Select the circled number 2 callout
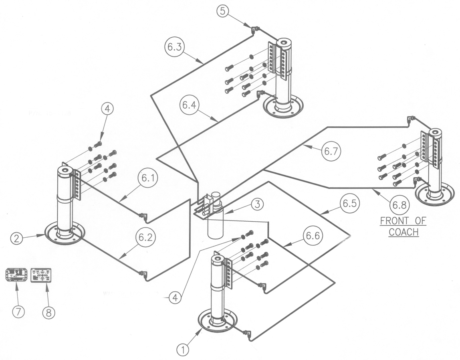(x=16, y=239)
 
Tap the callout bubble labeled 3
(x=257, y=204)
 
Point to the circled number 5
(x=223, y=11)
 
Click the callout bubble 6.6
(x=313, y=236)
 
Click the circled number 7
(x=19, y=311)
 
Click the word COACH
(x=404, y=232)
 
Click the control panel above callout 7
(x=16, y=275)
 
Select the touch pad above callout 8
(x=41, y=275)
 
